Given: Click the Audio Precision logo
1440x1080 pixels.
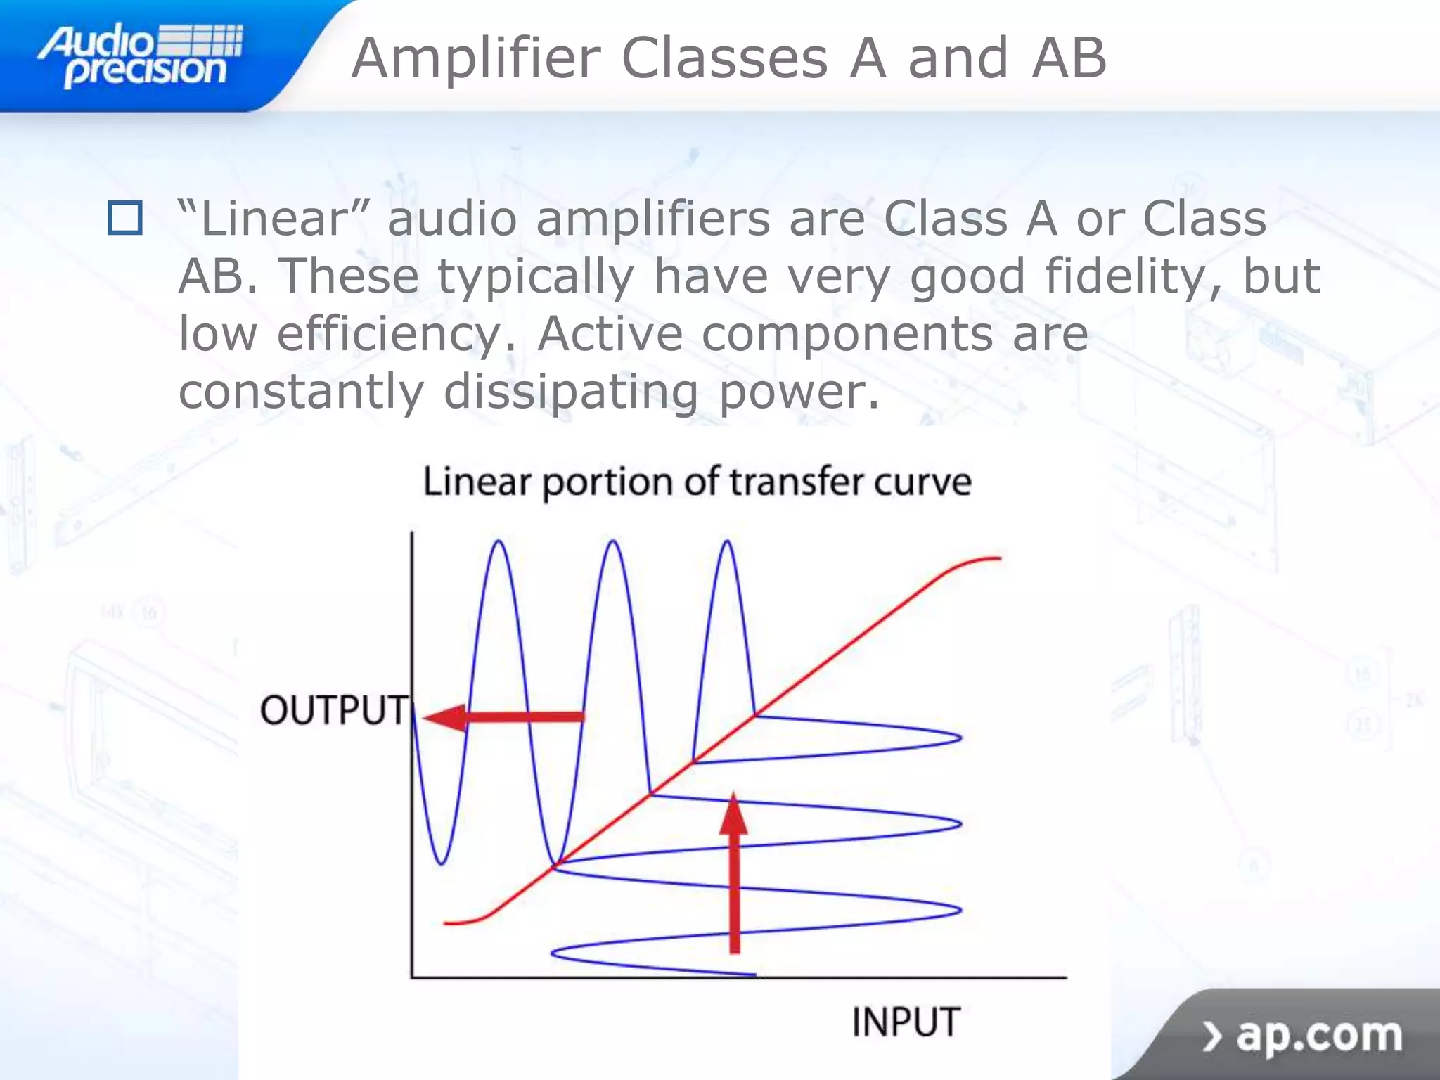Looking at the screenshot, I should (x=141, y=56).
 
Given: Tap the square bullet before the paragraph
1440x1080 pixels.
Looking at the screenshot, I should (x=125, y=218).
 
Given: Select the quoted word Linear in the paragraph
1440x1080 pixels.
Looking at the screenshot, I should (x=275, y=219).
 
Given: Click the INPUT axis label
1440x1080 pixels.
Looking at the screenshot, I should (x=906, y=1022).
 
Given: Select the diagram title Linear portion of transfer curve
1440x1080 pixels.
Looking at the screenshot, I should (x=697, y=482).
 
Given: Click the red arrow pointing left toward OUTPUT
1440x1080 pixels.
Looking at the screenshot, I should (x=503, y=717).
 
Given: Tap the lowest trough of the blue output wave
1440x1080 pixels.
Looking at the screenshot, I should (x=442, y=862).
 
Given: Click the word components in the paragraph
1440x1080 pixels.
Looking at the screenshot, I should (x=847, y=335).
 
